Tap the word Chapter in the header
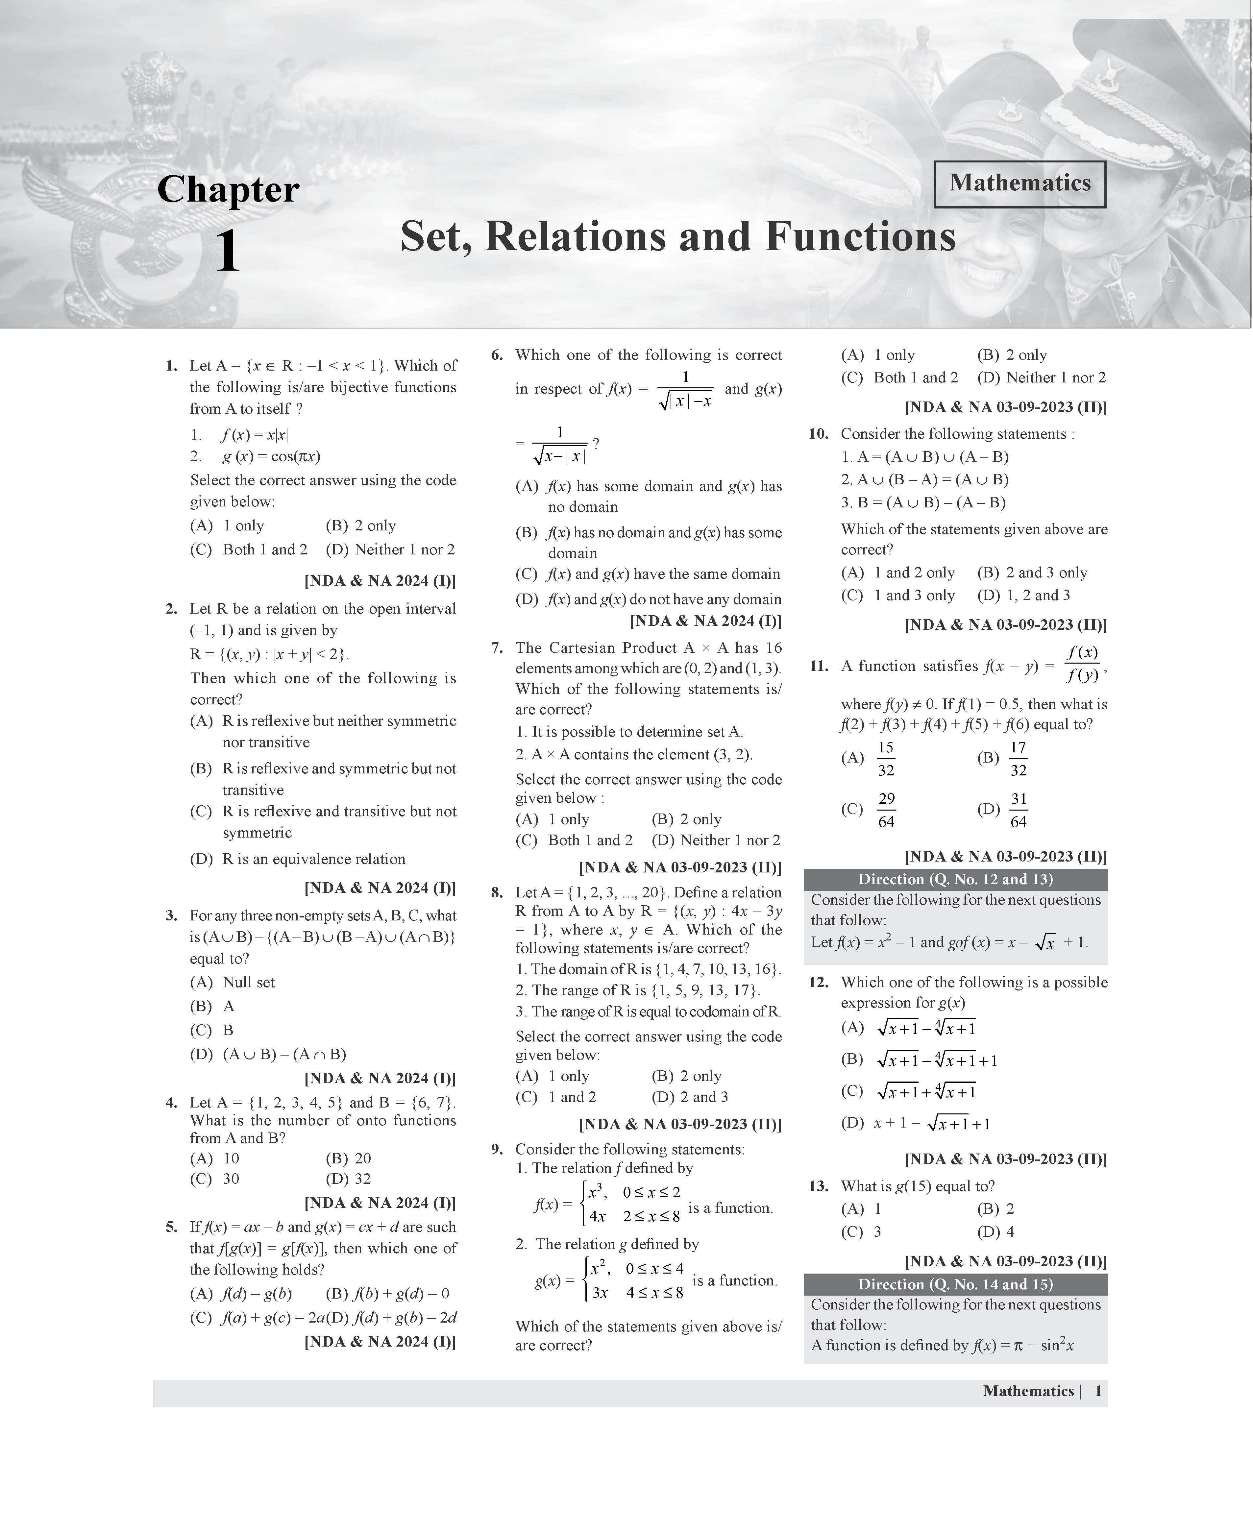click(x=228, y=190)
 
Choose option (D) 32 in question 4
click(x=349, y=1179)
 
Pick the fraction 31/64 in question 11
click(x=1018, y=810)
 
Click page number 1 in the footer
click(x=1098, y=1391)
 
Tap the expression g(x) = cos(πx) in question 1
click(x=271, y=456)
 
